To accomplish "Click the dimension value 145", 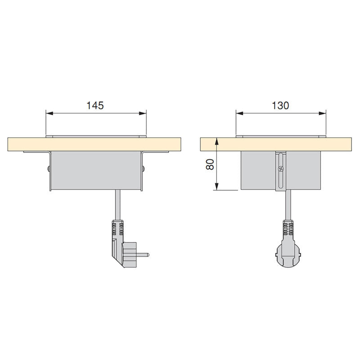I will [x=95, y=105].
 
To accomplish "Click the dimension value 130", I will [x=280, y=105].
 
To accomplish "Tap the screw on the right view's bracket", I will [x=281, y=169].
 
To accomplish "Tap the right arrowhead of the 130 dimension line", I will [x=324, y=112].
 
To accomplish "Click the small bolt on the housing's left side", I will [x=48, y=170].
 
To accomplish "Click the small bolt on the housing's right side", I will [x=144, y=170].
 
